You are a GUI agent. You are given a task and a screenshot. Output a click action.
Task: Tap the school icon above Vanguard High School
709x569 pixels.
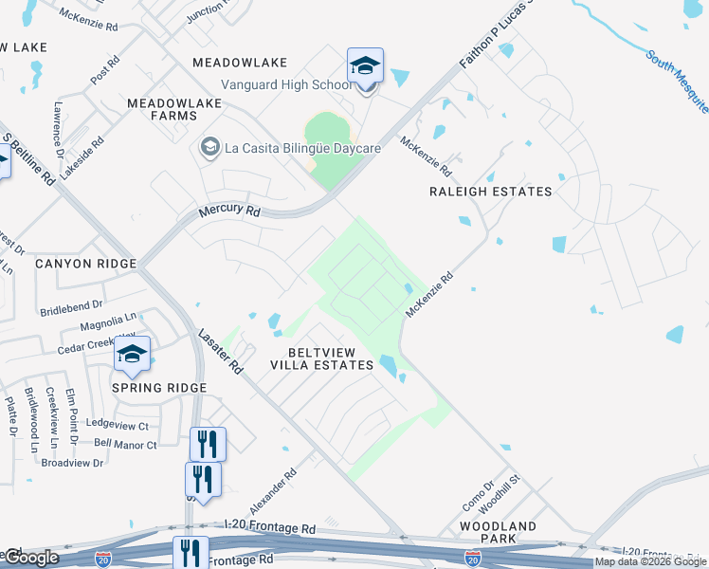pos(365,65)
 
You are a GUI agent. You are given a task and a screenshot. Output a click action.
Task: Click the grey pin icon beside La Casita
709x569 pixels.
pos(209,147)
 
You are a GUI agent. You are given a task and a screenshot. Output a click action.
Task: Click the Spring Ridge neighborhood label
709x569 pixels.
pos(159,388)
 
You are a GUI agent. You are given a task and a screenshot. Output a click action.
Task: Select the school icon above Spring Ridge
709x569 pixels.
pos(133,356)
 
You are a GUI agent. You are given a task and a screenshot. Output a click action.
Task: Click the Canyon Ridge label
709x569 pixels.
pos(86,263)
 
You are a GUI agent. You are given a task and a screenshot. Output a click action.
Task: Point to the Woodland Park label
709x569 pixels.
pos(498,532)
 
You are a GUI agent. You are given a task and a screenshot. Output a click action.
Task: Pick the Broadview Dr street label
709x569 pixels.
pos(71,463)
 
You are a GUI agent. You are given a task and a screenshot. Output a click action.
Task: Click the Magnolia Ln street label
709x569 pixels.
pos(108,321)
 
